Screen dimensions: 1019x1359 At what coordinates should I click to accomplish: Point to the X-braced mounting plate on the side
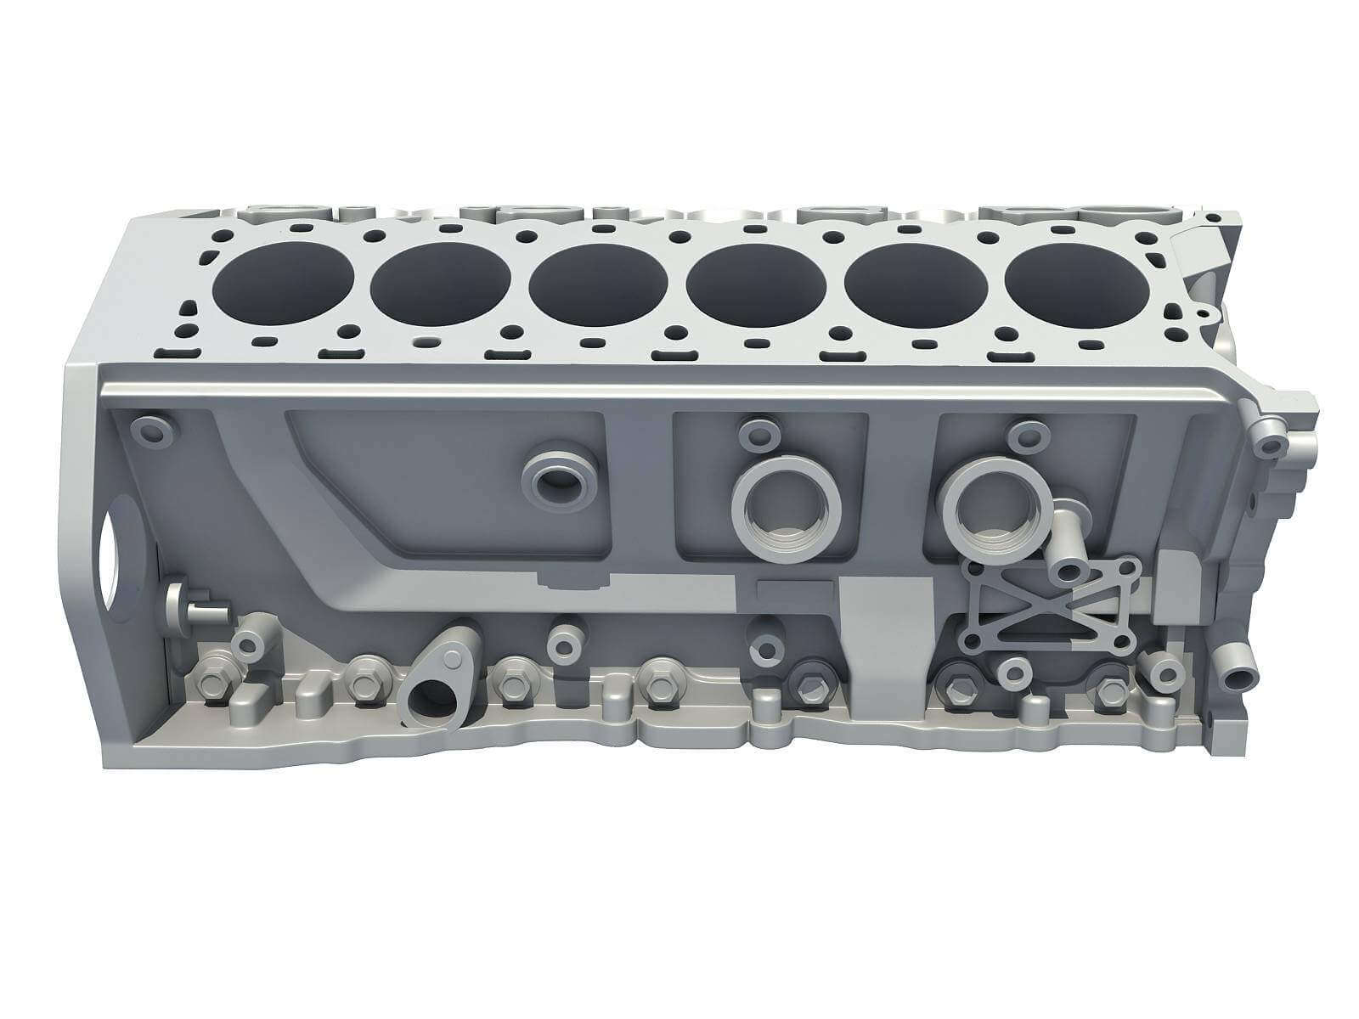tap(1048, 605)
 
